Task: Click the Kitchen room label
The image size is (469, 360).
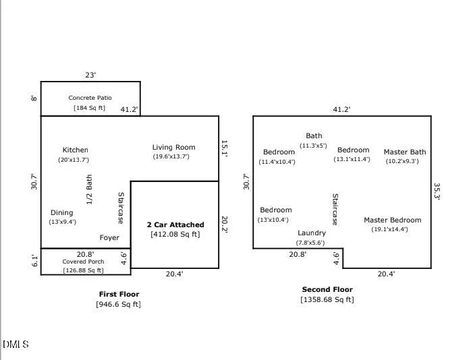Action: (x=75, y=150)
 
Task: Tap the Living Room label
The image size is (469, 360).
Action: (x=174, y=147)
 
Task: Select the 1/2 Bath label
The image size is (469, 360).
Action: (x=89, y=189)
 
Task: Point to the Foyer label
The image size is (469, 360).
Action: (x=109, y=238)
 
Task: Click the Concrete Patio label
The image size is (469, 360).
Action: (x=90, y=98)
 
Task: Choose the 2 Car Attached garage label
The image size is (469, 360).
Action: (x=175, y=224)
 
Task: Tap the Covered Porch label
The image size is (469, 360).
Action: (x=83, y=262)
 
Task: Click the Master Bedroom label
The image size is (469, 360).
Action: (x=393, y=220)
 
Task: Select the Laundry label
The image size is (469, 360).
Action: (x=312, y=233)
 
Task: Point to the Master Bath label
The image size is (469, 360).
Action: (x=405, y=152)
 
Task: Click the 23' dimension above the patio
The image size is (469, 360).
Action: (x=90, y=75)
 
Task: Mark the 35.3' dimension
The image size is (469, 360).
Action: (x=437, y=191)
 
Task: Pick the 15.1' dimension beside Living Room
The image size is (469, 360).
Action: (x=224, y=148)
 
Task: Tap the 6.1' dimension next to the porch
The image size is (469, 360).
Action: (x=34, y=261)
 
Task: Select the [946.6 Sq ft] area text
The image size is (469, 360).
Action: (x=118, y=304)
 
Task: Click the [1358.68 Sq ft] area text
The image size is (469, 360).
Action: (x=327, y=299)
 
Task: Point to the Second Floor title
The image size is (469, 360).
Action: (x=327, y=289)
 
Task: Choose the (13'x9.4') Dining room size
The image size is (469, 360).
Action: (x=63, y=222)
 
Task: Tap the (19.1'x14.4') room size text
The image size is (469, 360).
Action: (x=390, y=229)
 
